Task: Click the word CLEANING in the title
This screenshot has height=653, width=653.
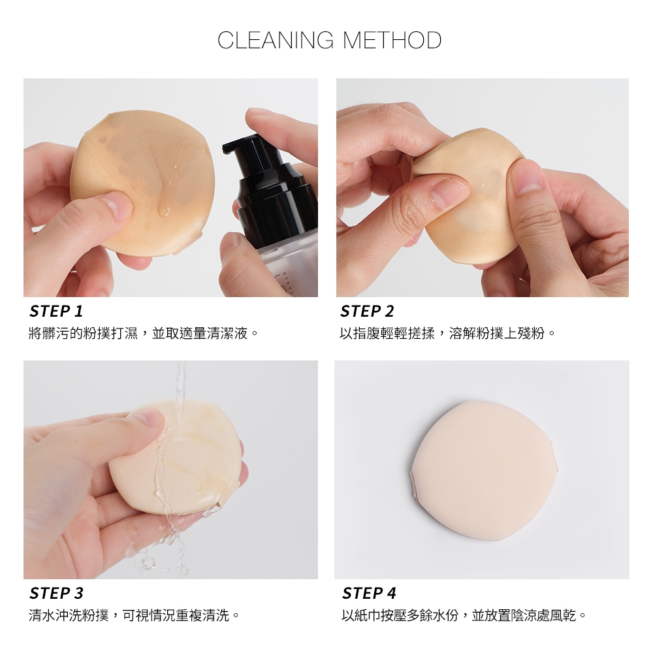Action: tap(276, 40)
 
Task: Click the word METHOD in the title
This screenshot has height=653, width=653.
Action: tap(392, 40)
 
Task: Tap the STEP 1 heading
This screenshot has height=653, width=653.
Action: tap(56, 311)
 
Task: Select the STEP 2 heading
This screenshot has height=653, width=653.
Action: tap(367, 311)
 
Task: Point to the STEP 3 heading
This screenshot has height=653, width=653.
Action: tap(56, 593)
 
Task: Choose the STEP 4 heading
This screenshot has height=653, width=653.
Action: tap(369, 593)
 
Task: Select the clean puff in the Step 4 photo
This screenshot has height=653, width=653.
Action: tap(484, 471)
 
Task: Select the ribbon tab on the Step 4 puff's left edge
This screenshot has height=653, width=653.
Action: tap(415, 485)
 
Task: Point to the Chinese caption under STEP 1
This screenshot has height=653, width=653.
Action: tap(144, 333)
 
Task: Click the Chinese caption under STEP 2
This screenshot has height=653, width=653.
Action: tap(448, 333)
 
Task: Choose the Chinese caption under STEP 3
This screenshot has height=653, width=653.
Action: tap(134, 615)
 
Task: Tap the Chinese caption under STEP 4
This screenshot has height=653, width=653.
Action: tap(464, 615)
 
